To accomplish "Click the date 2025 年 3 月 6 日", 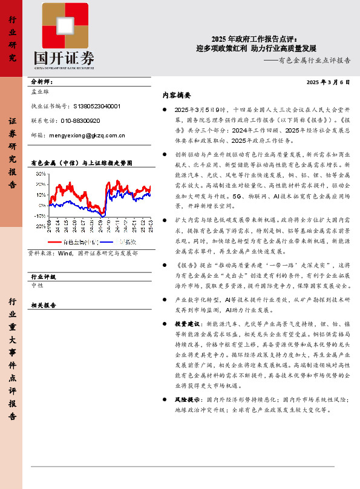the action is click(x=329, y=82).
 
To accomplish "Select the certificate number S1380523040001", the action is click(x=96, y=105).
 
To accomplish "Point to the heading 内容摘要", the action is click(x=177, y=95).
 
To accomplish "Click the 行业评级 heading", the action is click(x=43, y=276).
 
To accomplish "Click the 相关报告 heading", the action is click(x=43, y=305).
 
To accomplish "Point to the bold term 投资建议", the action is click(x=188, y=324).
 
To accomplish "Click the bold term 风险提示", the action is click(x=188, y=399).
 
